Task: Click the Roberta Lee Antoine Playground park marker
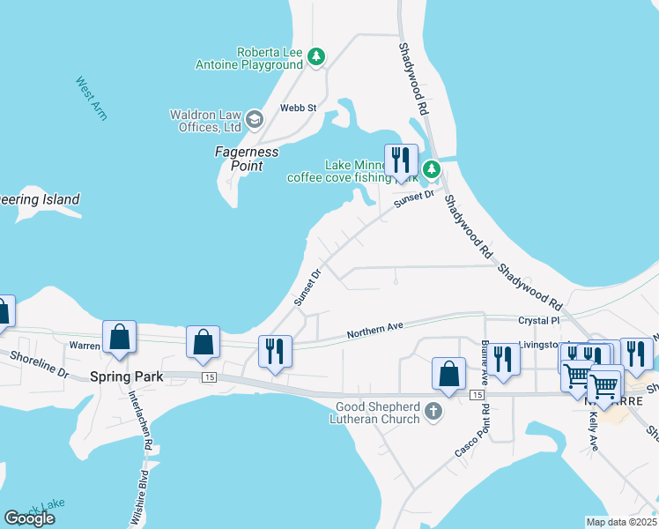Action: [316, 57]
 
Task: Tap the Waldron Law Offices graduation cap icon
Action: [254, 119]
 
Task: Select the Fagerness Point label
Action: [247, 159]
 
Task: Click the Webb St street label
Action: [298, 108]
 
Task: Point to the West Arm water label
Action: [92, 98]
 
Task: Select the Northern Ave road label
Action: [374, 329]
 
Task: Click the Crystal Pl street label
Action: [539, 321]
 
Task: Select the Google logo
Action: [29, 518]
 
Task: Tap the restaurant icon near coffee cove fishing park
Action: [401, 160]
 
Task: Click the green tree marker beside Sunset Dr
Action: [431, 169]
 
